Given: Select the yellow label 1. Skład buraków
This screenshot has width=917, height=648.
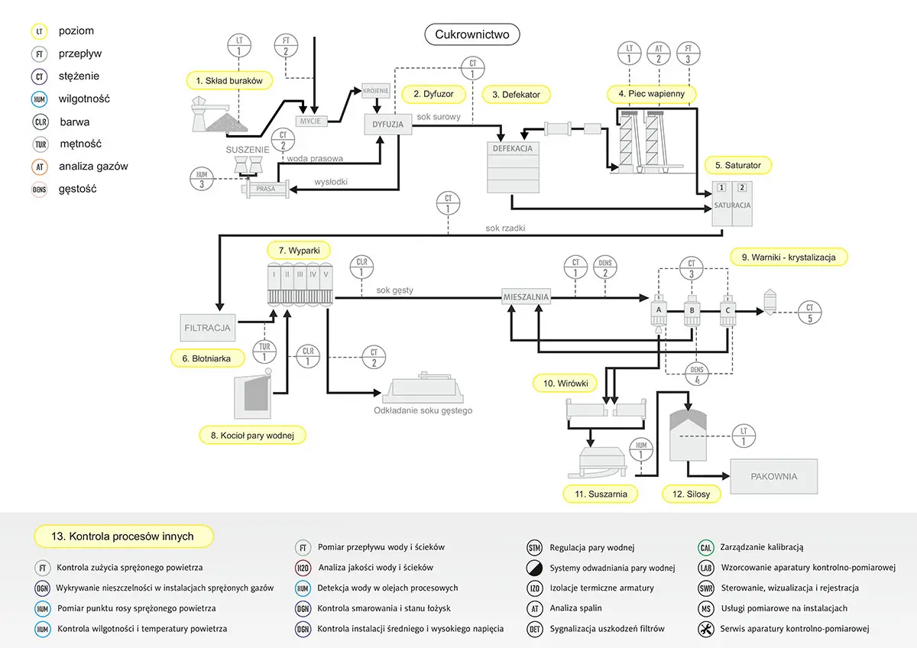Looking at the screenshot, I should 228,80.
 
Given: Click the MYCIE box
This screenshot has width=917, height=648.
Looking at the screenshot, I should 310,120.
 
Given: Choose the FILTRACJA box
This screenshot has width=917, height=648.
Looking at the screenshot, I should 207,327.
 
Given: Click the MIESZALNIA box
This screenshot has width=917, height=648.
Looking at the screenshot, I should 526,296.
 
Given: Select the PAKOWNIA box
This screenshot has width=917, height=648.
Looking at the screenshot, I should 773,476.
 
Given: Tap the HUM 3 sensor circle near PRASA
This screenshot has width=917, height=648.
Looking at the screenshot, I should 202,180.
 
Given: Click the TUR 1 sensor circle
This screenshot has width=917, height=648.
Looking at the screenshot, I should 264,352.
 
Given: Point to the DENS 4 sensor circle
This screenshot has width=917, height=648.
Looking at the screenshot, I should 696,374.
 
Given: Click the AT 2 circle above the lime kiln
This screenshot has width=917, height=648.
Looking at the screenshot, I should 658,53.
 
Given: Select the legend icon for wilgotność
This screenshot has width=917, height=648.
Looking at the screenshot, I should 41,99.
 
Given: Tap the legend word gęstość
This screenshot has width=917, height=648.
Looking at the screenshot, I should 78,189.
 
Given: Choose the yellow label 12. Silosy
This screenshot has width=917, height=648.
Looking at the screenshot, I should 692,494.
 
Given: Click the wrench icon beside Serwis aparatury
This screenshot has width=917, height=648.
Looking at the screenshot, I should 706,629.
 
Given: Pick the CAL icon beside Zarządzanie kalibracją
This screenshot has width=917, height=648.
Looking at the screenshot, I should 706,547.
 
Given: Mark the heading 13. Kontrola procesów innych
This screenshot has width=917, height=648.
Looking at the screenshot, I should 124,536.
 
